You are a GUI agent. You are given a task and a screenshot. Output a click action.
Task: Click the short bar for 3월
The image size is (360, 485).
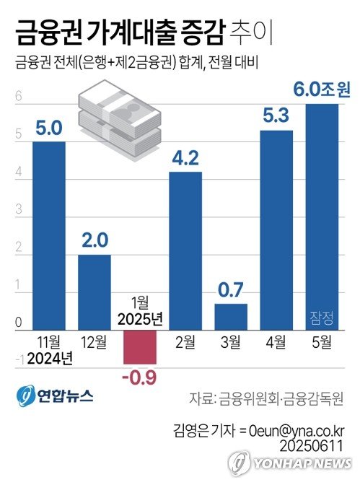[x=231, y=317]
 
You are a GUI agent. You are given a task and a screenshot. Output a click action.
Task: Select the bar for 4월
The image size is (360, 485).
[x=276, y=230]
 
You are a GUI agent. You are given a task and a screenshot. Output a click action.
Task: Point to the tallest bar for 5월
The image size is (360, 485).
[x=322, y=217]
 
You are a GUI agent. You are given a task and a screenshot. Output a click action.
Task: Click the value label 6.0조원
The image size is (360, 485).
[x=321, y=91]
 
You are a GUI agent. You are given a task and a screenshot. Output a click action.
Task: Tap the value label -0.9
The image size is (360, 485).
[x=140, y=375]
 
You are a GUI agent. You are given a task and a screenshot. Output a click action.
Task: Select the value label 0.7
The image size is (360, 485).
[x=231, y=290]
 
